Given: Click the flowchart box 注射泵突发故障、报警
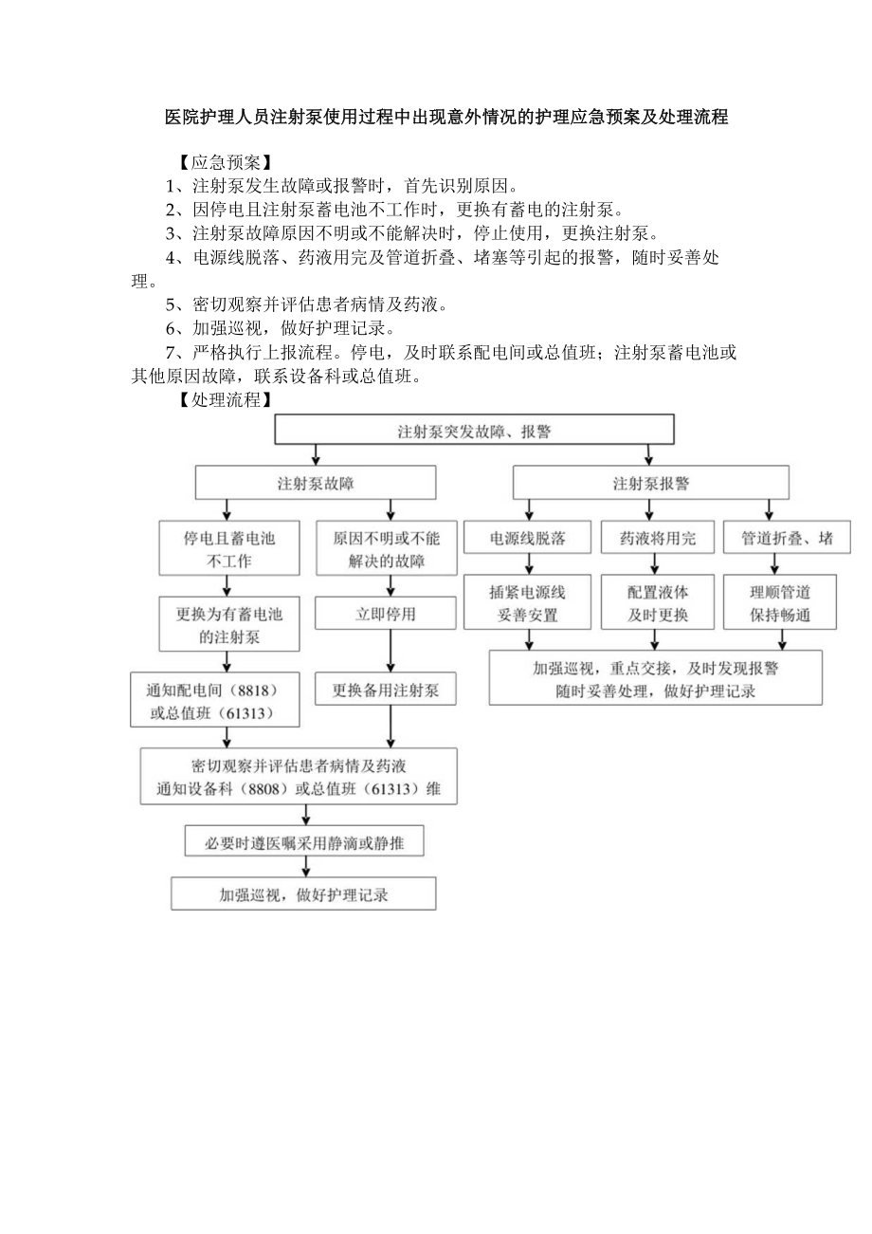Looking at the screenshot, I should (474, 431).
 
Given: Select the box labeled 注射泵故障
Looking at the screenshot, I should (316, 483).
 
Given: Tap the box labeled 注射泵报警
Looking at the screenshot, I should (650, 483).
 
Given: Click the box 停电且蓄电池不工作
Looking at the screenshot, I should (228, 549).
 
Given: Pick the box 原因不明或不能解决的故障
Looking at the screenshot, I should (386, 549).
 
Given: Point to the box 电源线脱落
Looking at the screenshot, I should (527, 539).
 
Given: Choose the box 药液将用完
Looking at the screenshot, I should (657, 539).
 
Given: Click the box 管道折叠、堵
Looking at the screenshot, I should (787, 539).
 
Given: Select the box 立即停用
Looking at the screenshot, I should (386, 614).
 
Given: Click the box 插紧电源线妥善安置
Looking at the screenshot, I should (527, 603).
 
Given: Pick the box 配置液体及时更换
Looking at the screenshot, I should (657, 603).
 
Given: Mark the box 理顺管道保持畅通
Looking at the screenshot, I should (780, 603).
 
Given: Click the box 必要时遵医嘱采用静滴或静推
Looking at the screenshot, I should (303, 841).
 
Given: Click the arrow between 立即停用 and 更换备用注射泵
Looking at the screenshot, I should (391, 652).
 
